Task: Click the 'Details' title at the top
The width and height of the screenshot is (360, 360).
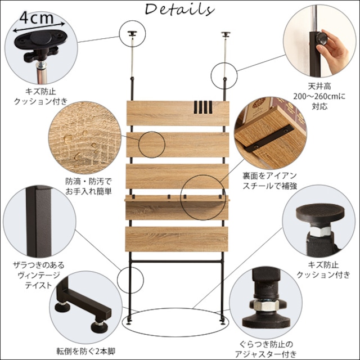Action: (179, 10)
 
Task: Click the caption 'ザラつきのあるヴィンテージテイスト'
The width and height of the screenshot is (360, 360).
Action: (38, 274)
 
